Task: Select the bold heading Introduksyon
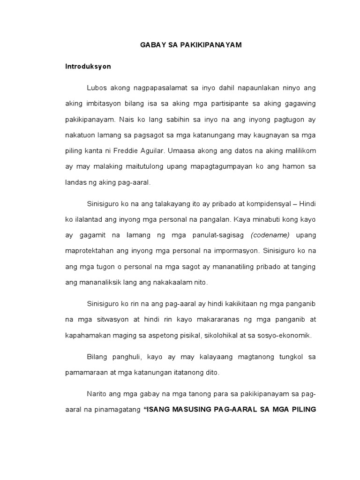point(88,67)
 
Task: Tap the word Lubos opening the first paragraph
point(96,88)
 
